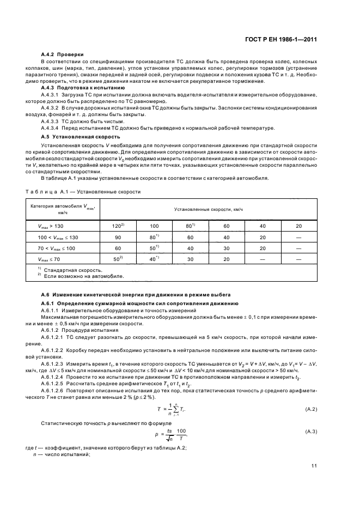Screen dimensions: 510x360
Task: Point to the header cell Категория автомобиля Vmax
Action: (59, 209)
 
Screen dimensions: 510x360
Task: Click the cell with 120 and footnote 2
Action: (118, 225)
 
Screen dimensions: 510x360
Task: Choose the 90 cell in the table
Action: (118, 237)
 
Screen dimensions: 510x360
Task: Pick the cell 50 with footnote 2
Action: (118, 260)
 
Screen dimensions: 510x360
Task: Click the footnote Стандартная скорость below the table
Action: (73, 270)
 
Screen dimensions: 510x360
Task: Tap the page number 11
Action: (314, 466)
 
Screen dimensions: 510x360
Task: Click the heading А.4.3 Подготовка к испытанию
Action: (83, 87)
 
